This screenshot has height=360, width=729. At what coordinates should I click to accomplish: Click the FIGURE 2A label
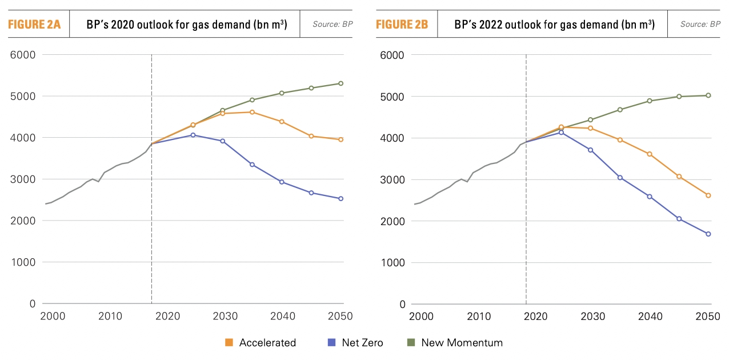pos(34,25)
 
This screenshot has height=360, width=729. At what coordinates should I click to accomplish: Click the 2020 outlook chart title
pos(186,25)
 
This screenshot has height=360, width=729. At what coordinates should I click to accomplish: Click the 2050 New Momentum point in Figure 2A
pos(341,83)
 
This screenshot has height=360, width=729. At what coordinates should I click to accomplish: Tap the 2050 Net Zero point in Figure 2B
pos(708,234)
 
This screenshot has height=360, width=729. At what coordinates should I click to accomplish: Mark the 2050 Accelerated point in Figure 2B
pos(708,195)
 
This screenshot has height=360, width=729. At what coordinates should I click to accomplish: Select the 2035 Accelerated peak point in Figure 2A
pos(252,112)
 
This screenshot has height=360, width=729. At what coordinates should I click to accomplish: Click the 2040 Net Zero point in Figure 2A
pos(282,182)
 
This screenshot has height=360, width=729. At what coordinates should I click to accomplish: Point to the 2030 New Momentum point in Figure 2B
pos(590,120)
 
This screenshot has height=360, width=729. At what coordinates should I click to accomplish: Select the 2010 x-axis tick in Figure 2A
pos(110,316)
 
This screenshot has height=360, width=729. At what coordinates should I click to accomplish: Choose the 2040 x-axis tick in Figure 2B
pos(650,316)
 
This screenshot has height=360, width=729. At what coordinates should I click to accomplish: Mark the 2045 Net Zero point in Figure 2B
pos(679,219)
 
